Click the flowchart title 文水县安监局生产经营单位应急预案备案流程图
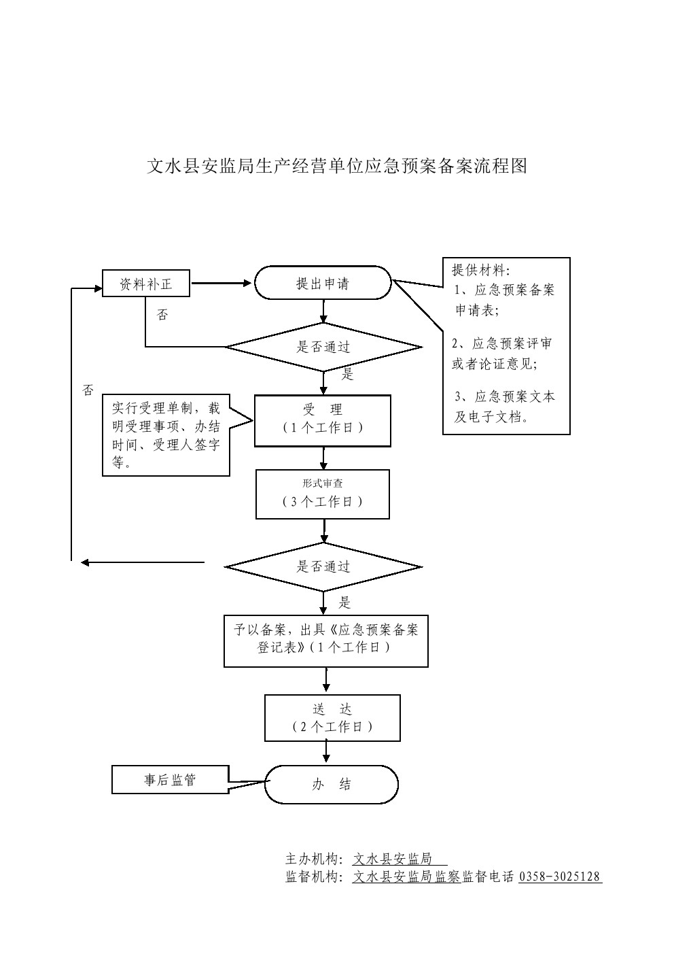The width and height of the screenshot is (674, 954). click(x=337, y=167)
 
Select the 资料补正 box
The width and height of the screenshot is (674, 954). click(x=145, y=284)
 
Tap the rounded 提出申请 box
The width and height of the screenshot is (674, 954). click(x=323, y=284)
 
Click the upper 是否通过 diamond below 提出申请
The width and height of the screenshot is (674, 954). click(x=323, y=347)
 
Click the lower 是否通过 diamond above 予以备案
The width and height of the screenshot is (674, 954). click(x=323, y=566)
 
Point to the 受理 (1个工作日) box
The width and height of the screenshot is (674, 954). click(x=323, y=420)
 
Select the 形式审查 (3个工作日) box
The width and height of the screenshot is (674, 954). click(x=323, y=494)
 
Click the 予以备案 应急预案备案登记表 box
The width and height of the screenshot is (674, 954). click(x=326, y=641)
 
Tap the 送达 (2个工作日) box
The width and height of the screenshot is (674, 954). click(x=332, y=718)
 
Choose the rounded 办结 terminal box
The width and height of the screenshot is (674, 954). click(x=332, y=784)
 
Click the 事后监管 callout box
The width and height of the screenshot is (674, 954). click(x=170, y=780)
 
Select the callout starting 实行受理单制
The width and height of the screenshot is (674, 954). click(x=166, y=436)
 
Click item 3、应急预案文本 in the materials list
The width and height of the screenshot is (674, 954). click(x=505, y=396)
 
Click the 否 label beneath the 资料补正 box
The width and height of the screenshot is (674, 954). click(x=162, y=315)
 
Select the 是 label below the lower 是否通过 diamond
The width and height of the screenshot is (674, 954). click(x=345, y=602)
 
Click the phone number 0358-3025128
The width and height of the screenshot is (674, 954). click(x=560, y=876)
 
